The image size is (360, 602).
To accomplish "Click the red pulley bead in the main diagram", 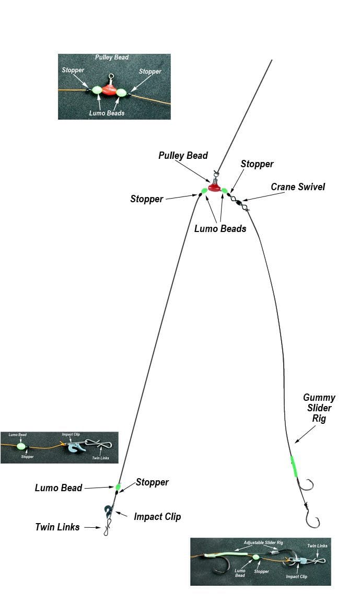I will point(214,187).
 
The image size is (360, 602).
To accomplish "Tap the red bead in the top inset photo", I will point(109,89).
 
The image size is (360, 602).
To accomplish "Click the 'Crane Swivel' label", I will point(298,187).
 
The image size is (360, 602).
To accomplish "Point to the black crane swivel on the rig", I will point(236,201).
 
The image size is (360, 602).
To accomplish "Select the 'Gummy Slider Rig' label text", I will point(319,408).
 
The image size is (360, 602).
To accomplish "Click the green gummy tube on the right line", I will point(294,466).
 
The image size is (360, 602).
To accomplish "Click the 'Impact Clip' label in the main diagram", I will point(157,516).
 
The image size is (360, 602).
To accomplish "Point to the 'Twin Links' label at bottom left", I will point(57,527).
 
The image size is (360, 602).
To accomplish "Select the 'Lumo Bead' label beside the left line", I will point(59,488).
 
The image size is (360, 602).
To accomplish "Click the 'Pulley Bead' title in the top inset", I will point(112,57).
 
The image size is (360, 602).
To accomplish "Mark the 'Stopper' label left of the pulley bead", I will point(147,199).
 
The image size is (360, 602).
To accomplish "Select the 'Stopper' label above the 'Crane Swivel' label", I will point(257,164).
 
